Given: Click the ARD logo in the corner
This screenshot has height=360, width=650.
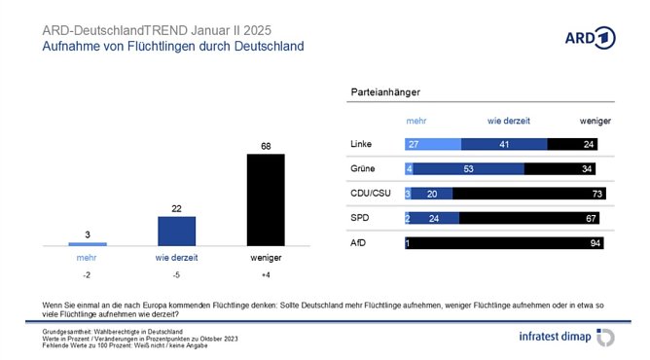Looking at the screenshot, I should click(x=591, y=38).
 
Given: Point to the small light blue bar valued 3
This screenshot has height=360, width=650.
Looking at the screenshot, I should click(x=88, y=243).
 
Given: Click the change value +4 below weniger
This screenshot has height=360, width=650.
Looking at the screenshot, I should click(x=266, y=274).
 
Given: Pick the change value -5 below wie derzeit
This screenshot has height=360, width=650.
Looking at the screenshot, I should click(x=176, y=274).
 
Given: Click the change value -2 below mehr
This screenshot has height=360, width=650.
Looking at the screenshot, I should click(x=88, y=274).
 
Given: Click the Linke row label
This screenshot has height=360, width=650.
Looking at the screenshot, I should click(x=361, y=144).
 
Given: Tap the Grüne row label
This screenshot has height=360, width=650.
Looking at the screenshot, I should click(x=362, y=168).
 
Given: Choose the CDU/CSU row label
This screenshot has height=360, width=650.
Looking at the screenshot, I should click(x=369, y=194).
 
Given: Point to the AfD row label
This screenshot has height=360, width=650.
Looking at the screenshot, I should click(x=358, y=243).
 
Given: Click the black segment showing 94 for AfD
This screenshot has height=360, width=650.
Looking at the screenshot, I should click(x=507, y=243).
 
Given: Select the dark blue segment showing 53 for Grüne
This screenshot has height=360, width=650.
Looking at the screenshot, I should click(x=469, y=168).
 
